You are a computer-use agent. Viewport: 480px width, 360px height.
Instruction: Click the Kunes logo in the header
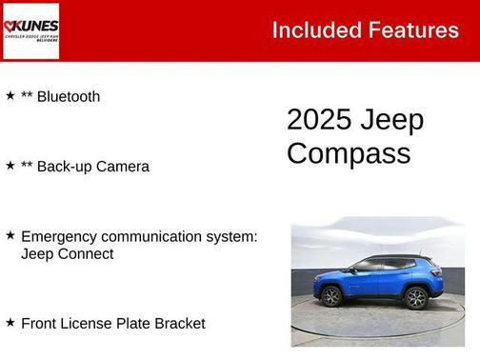coord(30,30)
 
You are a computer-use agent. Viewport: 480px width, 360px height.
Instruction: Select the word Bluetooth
coord(69,96)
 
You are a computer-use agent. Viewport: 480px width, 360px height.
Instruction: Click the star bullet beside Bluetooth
coord(10,95)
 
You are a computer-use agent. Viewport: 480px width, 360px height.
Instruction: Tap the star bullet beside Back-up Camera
coord(10,166)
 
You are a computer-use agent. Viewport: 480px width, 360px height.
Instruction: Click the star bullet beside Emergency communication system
coord(10,235)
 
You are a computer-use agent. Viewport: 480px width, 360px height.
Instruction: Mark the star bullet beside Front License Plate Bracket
coord(10,323)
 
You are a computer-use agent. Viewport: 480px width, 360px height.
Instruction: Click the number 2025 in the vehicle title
coord(319,120)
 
